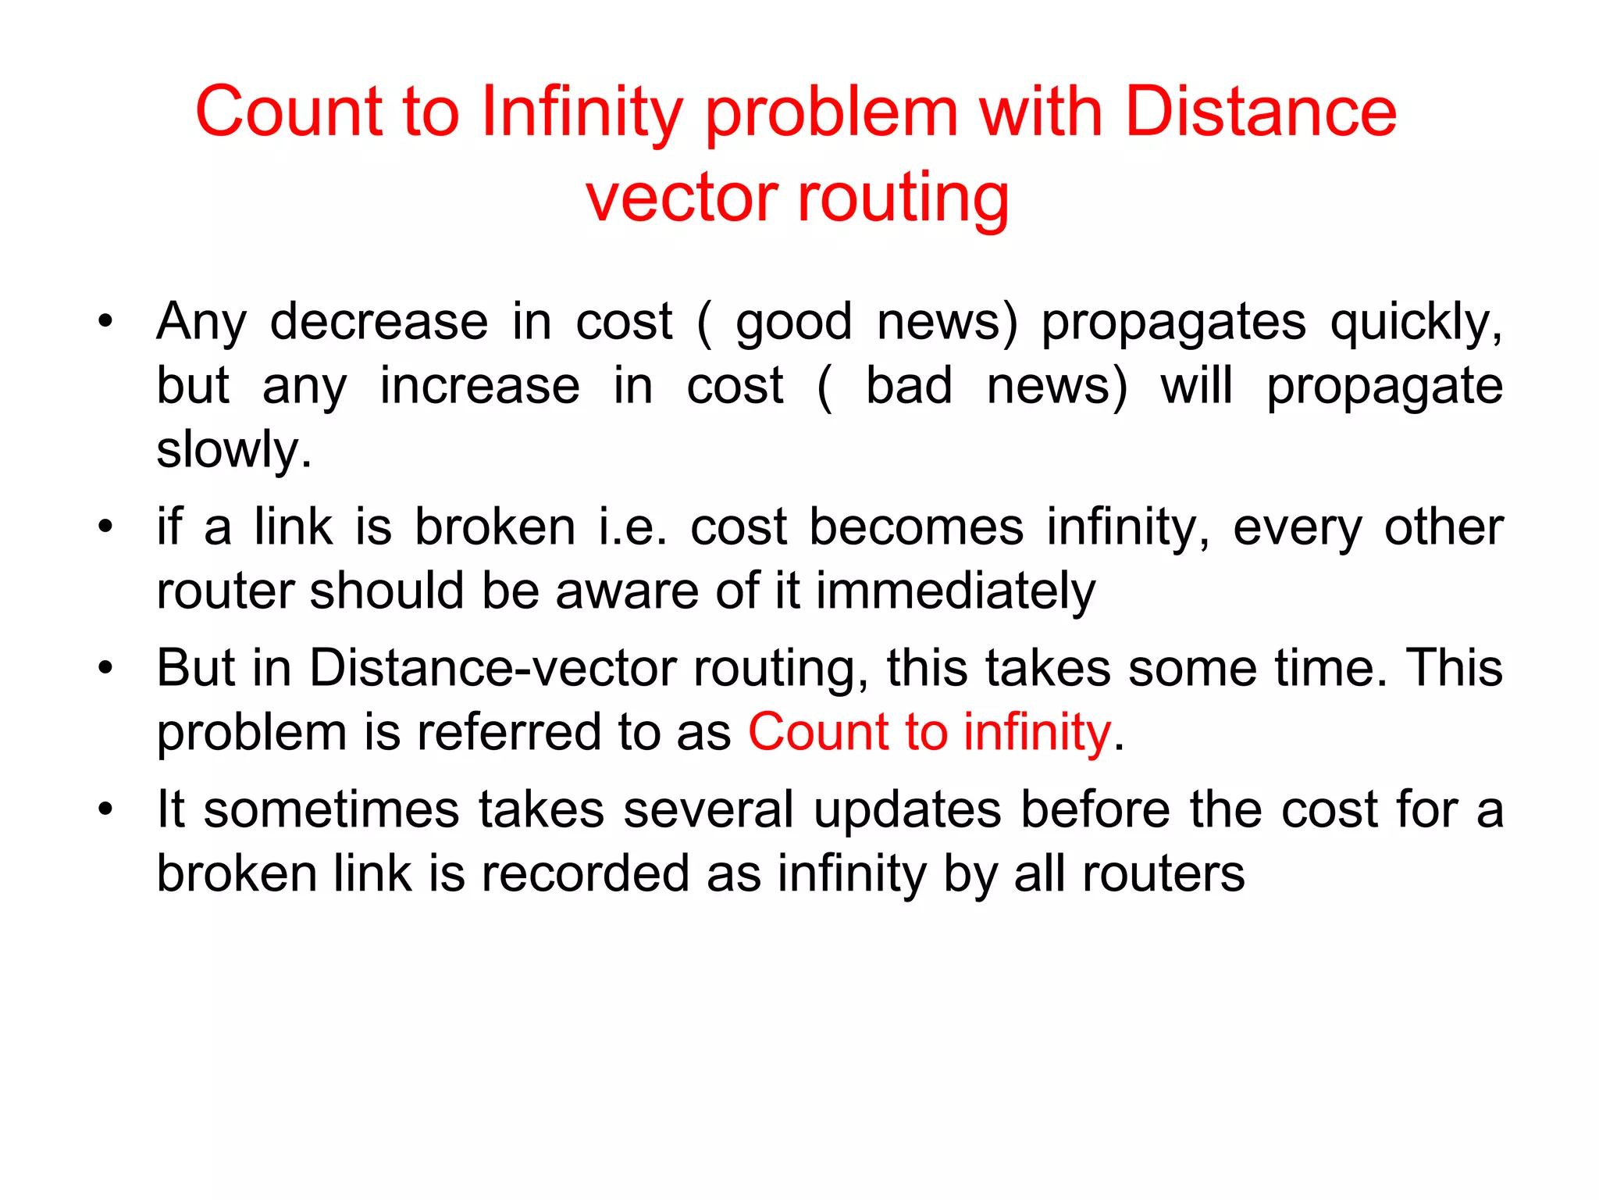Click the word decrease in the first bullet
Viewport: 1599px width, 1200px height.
tap(379, 322)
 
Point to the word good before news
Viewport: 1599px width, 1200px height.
tap(793, 322)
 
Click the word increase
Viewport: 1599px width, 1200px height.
tap(479, 386)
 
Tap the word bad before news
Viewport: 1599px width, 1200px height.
tap(909, 386)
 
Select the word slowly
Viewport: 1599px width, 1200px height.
tap(233, 450)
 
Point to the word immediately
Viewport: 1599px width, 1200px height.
tap(956, 591)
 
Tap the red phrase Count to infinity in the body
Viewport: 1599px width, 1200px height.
tap(929, 733)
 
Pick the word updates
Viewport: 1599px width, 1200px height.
tap(907, 809)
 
